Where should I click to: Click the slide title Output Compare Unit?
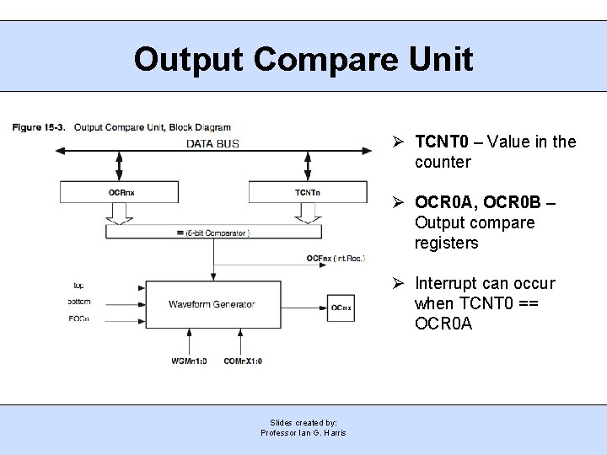click(x=303, y=59)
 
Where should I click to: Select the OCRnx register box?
click(x=121, y=192)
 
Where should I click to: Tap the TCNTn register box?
click(x=308, y=192)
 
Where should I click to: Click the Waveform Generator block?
click(x=212, y=303)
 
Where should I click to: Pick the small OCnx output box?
click(x=341, y=308)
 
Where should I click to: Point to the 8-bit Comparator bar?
click(x=213, y=232)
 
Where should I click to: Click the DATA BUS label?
click(x=212, y=143)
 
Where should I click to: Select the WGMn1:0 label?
click(x=190, y=361)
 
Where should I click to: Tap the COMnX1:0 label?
click(x=244, y=361)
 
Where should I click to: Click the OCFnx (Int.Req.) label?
click(x=336, y=258)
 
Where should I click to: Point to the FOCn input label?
click(x=79, y=318)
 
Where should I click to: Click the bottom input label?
click(x=81, y=302)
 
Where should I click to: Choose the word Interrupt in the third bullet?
click(x=448, y=283)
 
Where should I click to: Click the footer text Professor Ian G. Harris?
click(x=303, y=432)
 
